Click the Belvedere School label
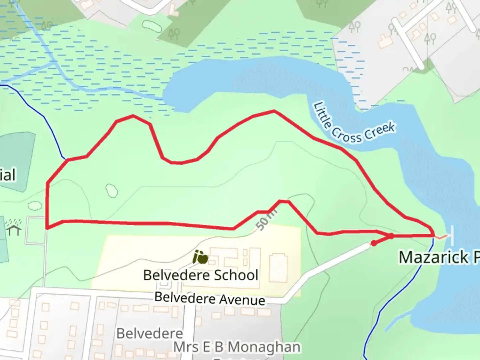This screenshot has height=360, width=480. (x=201, y=275)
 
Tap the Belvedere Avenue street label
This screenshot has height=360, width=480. (x=210, y=298)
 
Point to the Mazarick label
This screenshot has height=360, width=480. (x=439, y=257)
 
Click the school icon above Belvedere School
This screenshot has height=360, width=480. (x=201, y=257)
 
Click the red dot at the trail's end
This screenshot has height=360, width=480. (x=374, y=243)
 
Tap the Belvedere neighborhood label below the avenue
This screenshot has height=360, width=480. (x=150, y=333)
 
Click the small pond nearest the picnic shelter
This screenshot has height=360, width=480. (x=35, y=206)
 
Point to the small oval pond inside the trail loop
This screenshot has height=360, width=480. (x=111, y=191)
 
